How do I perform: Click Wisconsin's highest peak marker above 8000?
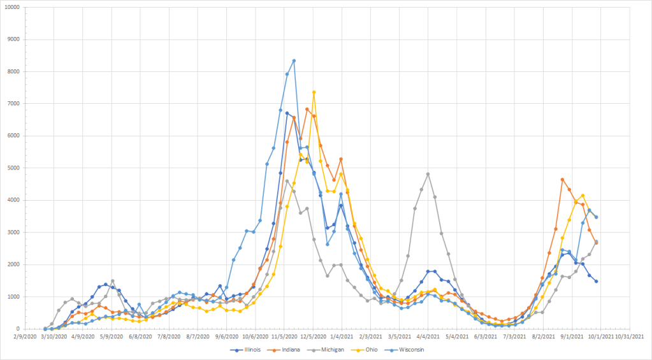pyautogui.click(x=294, y=61)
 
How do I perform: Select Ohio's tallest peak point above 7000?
pyautogui.click(x=314, y=92)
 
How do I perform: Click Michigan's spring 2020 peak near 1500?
pyautogui.click(x=113, y=281)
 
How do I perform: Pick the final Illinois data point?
pyautogui.click(x=596, y=281)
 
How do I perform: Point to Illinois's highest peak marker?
pyautogui.click(x=287, y=113)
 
